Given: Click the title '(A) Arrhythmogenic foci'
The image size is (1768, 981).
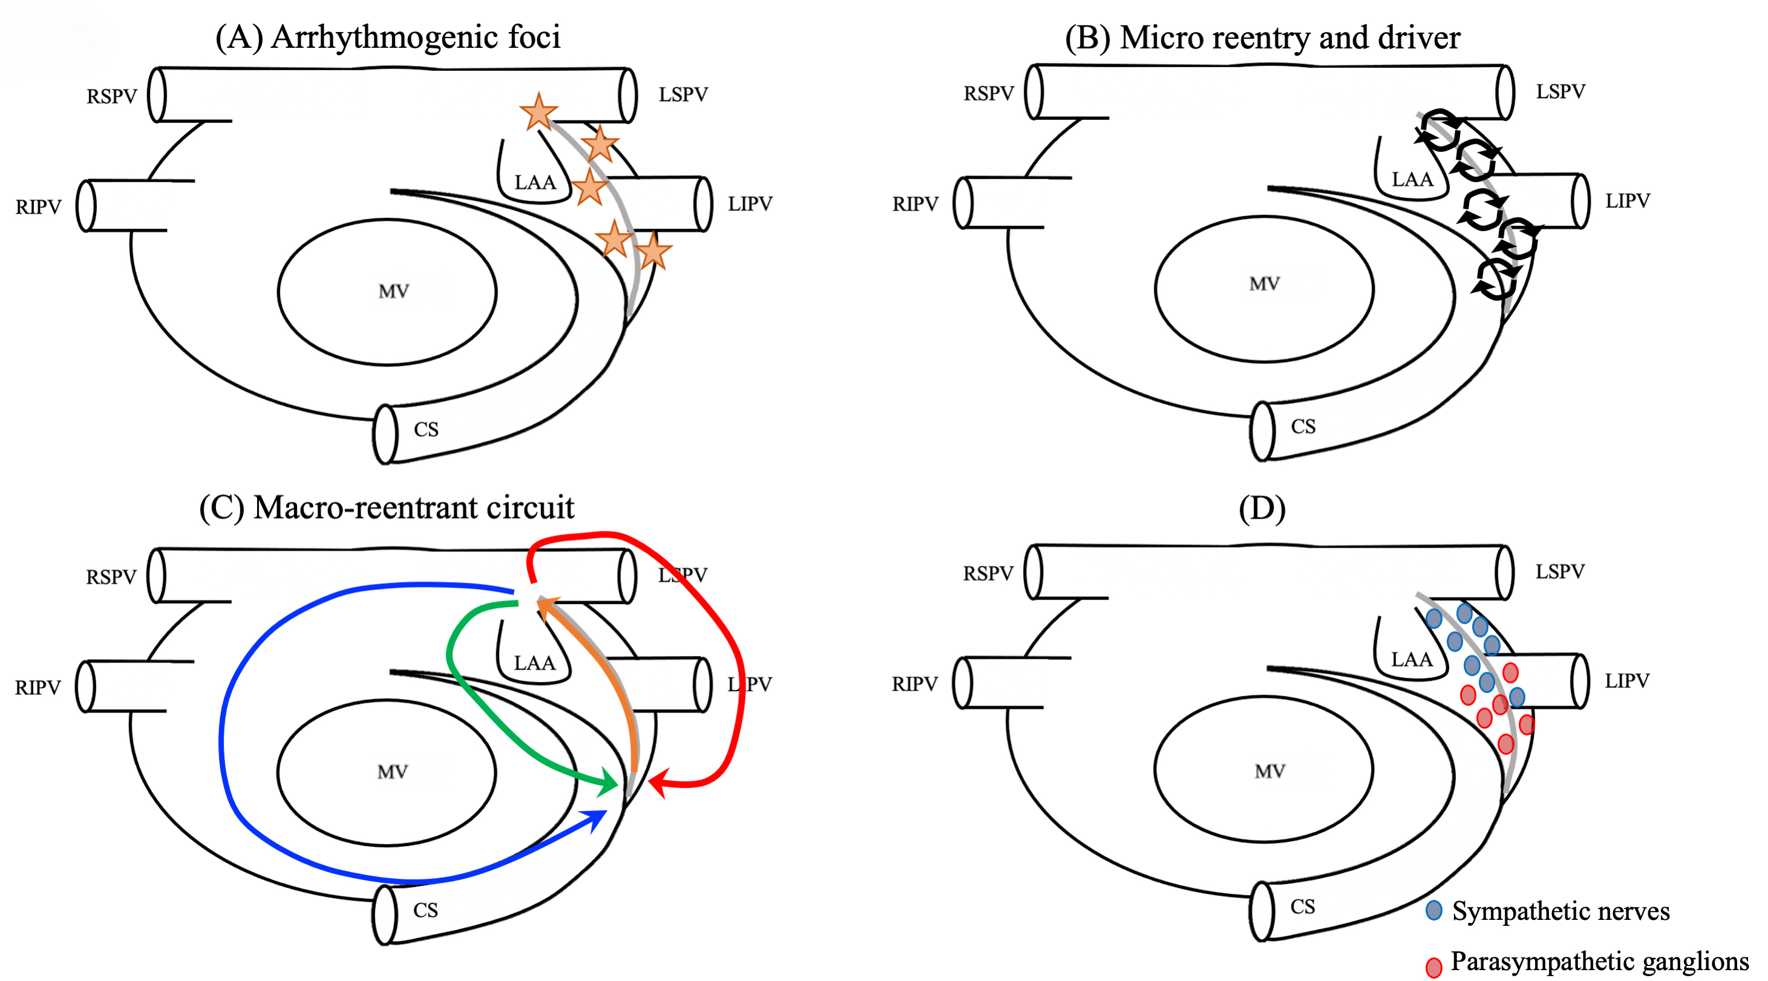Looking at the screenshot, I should click(x=388, y=37).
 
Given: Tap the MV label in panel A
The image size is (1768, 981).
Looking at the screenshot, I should click(x=393, y=291).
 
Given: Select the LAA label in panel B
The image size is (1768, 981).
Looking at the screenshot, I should click(x=1412, y=180).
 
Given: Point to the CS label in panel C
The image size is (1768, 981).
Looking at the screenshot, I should click(x=425, y=910).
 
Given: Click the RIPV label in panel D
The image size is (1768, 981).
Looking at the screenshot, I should click(x=914, y=684).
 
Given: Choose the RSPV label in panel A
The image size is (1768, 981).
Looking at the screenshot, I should click(x=112, y=97).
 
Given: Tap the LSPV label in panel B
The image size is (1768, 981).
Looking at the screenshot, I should click(x=1560, y=92).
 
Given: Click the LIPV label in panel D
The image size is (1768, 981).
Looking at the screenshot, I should click(x=1626, y=681).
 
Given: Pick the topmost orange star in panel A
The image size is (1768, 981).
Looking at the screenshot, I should click(x=539, y=112).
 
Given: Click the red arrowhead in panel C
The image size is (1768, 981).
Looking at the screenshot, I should click(x=658, y=783).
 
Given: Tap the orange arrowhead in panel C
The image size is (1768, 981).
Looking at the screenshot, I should click(x=546, y=607).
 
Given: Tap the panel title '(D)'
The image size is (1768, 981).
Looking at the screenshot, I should click(x=1262, y=509).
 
